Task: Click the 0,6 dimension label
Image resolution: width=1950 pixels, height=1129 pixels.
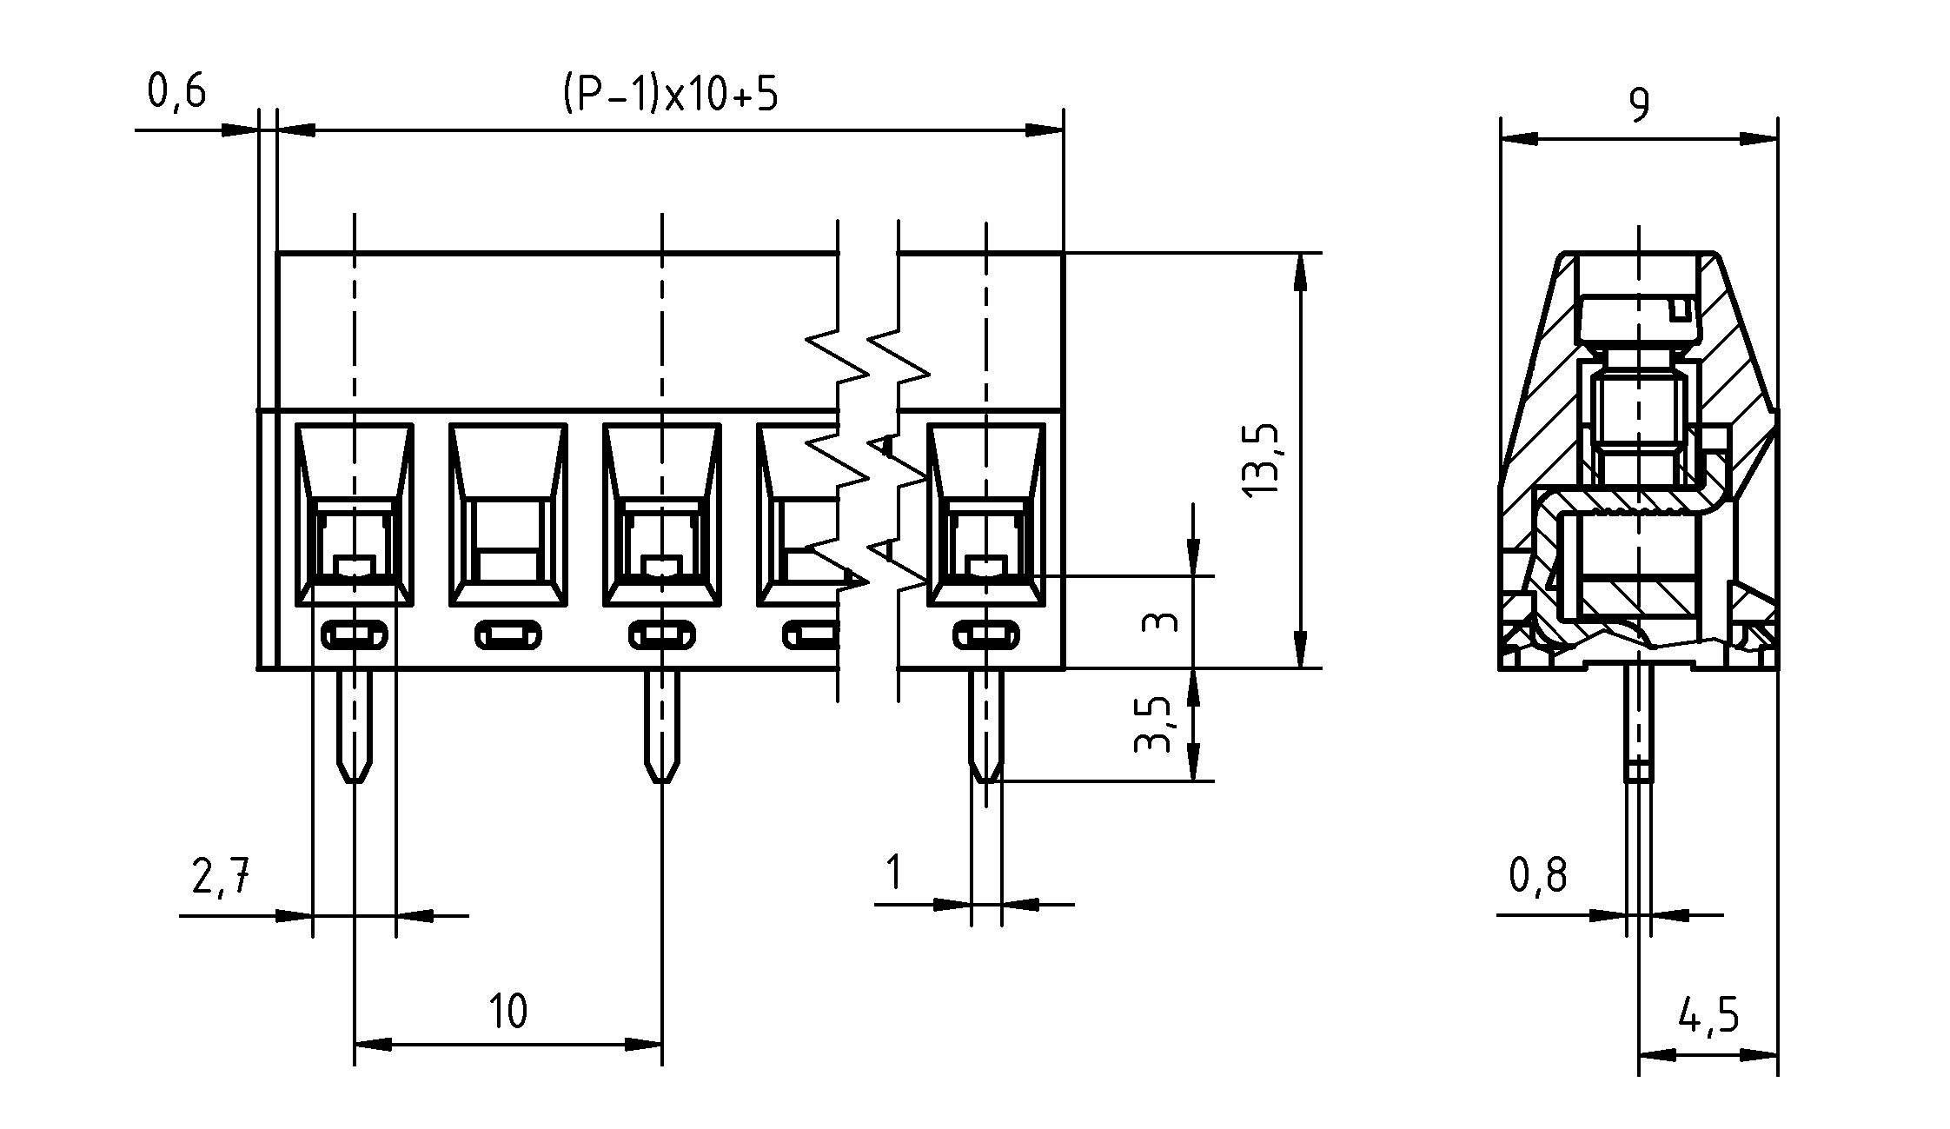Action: [176, 90]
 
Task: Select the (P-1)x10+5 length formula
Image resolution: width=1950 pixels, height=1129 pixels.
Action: [669, 93]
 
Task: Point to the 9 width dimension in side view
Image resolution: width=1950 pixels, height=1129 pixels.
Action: [1639, 105]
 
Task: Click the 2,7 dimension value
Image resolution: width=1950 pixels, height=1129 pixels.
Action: [221, 876]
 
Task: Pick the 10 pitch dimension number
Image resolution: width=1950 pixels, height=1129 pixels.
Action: [507, 1012]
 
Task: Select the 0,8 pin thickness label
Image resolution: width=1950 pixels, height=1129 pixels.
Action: [1538, 876]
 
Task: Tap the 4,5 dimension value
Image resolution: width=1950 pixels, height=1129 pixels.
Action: [1708, 1015]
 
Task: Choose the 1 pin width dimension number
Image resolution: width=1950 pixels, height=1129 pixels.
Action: [892, 873]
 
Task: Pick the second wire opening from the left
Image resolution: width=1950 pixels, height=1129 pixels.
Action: [508, 515]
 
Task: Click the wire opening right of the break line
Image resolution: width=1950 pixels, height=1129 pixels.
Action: [985, 515]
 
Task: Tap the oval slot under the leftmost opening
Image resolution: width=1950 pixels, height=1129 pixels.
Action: [355, 635]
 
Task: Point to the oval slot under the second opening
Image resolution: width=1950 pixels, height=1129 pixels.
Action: [508, 635]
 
